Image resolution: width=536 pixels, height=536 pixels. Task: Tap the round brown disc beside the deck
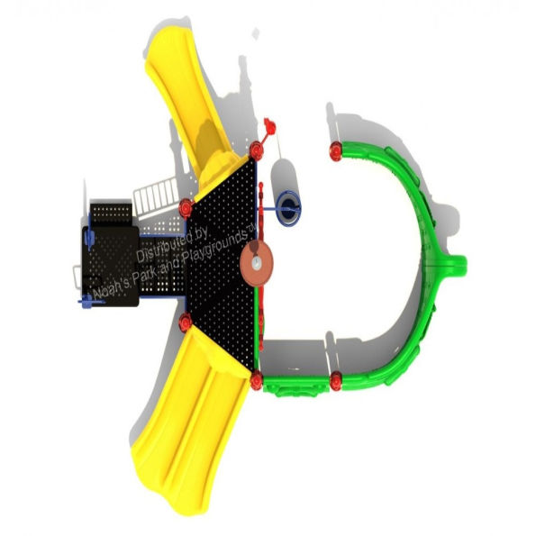257,262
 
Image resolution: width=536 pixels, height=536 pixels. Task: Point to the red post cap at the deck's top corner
257,150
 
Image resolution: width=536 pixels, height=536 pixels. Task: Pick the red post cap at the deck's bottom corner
256,379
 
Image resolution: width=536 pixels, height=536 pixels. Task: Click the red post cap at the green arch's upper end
336,150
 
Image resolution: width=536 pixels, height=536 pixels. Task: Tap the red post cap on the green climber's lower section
336,380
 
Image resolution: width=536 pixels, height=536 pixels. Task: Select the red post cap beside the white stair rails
186,208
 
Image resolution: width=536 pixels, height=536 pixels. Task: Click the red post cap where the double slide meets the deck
185,322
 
